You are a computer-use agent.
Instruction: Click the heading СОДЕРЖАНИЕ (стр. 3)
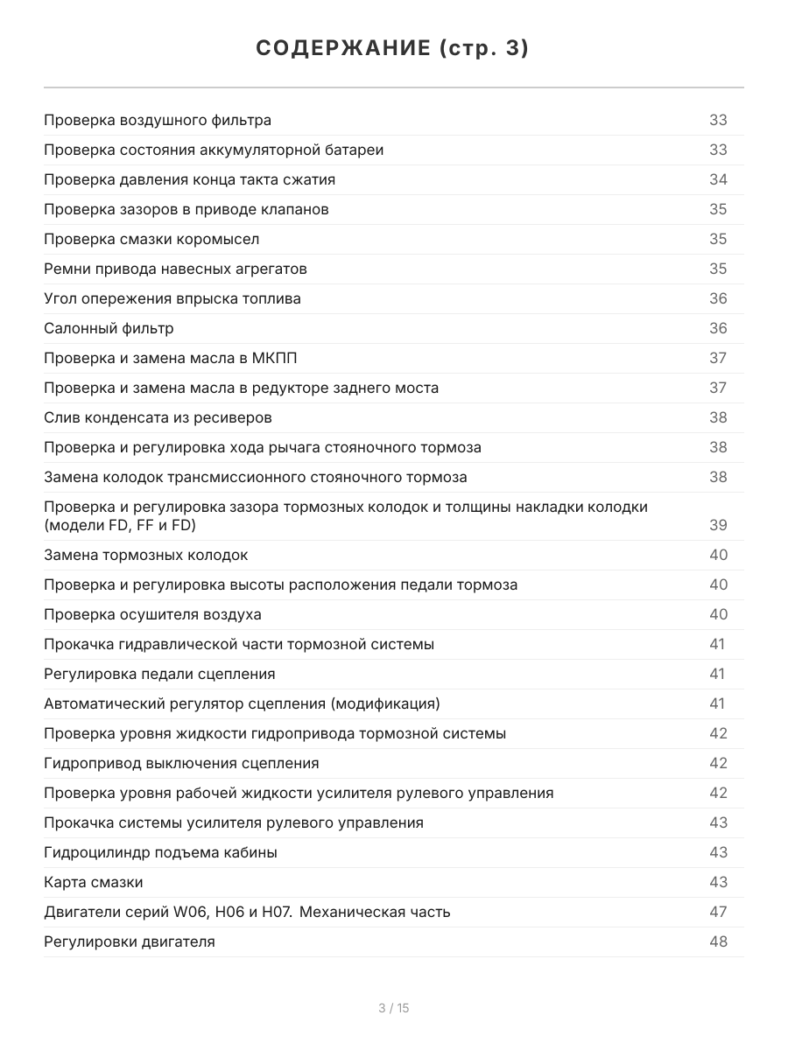393,49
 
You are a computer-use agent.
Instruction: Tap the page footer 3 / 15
393,1008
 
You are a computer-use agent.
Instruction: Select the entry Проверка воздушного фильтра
158,120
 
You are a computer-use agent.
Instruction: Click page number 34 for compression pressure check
718,179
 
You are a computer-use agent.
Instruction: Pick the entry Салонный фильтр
109,328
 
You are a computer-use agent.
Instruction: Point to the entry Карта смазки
94,882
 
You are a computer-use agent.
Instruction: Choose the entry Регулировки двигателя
130,941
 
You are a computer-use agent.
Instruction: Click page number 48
718,941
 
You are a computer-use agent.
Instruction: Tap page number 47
718,912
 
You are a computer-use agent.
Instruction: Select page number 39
718,525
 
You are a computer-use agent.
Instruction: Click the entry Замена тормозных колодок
146,555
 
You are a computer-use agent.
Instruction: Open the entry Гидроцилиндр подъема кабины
160,852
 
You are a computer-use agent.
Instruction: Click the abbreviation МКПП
285,358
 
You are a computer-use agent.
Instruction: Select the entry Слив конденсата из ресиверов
158,417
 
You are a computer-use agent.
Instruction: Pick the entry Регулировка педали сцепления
159,674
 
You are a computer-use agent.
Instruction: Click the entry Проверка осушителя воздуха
152,614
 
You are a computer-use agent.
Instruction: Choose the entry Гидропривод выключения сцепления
181,763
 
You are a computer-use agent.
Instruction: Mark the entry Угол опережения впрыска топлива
172,298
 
